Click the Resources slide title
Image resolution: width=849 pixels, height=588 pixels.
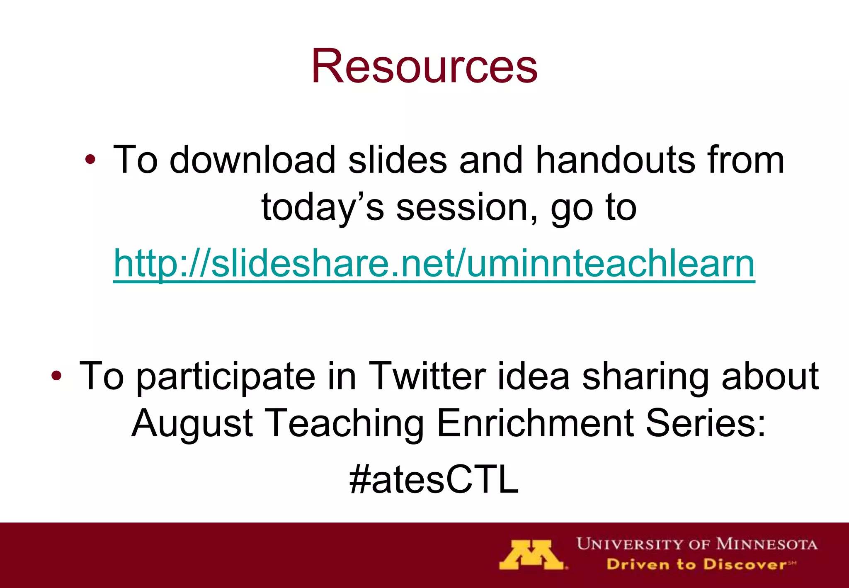click(424, 66)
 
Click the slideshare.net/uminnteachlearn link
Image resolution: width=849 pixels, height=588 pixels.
click(434, 264)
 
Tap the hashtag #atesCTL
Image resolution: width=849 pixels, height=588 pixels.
click(434, 479)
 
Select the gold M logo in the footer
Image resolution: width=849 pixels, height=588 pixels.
click(532, 555)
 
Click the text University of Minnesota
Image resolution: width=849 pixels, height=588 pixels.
click(696, 544)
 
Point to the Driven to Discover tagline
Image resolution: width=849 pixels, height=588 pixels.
click(701, 564)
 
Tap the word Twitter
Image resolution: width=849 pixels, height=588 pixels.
click(427, 376)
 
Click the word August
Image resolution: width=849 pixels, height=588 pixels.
click(192, 424)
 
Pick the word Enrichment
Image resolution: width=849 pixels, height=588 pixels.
click(535, 423)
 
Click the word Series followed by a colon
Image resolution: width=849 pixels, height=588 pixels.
click(705, 423)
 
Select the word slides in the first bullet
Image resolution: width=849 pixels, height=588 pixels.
click(397, 160)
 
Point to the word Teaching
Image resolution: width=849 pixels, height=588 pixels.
click(344, 424)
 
